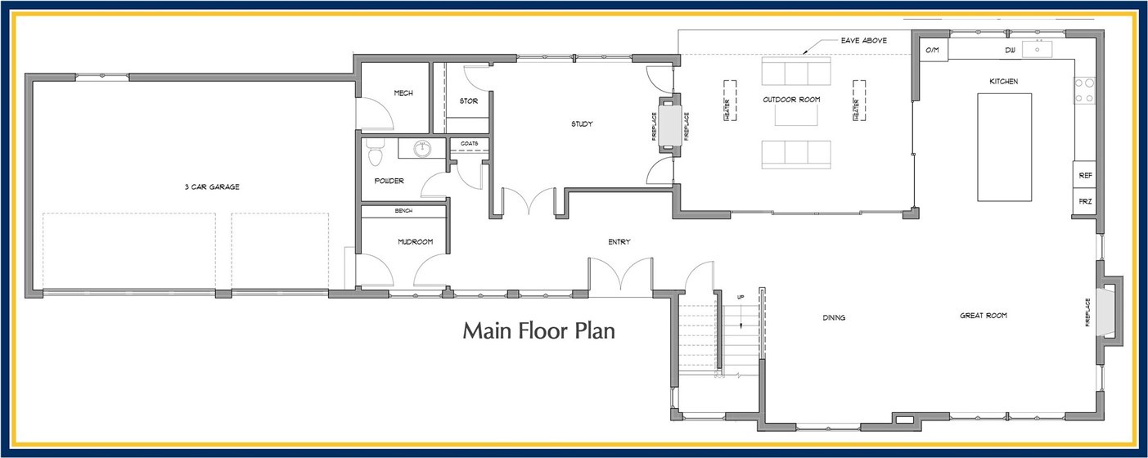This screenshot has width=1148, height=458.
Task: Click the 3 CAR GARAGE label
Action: (212, 187)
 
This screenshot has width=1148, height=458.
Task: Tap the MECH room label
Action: (403, 93)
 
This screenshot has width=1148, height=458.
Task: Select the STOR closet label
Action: (468, 101)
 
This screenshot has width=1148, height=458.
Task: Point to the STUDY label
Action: (582, 124)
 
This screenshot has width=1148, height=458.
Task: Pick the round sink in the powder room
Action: (422, 149)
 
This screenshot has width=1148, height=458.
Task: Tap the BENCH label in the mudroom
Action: (403, 211)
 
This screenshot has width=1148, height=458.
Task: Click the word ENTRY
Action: (619, 241)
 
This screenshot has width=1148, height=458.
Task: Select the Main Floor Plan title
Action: (538, 331)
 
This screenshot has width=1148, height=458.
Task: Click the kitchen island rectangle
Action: (1004, 147)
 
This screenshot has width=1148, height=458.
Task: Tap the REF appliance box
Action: (1085, 176)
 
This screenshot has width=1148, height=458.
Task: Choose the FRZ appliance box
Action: (1085, 201)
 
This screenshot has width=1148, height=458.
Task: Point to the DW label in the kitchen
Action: (1011, 51)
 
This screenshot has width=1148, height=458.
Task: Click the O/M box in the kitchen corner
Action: (932, 51)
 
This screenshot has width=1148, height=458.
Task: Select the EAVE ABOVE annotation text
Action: (864, 40)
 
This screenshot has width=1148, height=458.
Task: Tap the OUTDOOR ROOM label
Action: (791, 100)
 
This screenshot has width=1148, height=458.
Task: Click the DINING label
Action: (834, 317)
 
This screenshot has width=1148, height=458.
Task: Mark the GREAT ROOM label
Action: (983, 316)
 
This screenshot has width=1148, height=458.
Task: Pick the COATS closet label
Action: (469, 143)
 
